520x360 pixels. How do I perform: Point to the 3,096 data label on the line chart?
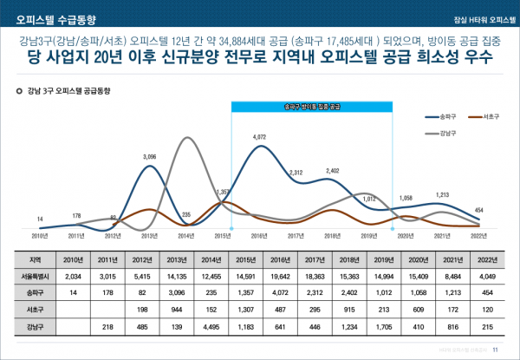(x=149, y=156)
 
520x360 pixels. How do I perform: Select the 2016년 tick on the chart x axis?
(x=259, y=235)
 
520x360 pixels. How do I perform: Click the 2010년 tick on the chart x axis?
(x=40, y=235)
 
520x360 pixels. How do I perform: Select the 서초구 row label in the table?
(x=36, y=310)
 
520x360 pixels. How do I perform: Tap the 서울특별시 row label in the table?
(x=36, y=277)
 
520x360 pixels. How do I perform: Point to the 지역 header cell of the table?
(x=36, y=259)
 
